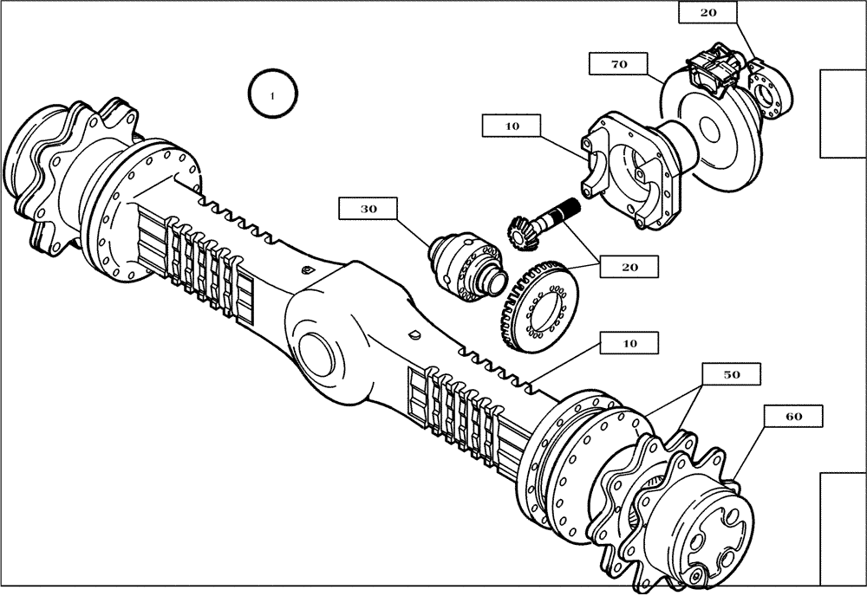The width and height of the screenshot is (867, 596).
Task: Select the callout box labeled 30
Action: pos(367,209)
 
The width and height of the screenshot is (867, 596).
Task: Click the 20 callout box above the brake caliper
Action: pos(708,12)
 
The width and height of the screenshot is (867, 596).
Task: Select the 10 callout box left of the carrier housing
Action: pos(512,126)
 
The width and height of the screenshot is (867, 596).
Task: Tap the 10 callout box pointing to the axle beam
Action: pos(630,343)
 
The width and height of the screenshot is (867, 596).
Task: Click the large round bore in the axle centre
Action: pos(322,355)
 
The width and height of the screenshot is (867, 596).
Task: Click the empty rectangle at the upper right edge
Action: pos(843,113)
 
